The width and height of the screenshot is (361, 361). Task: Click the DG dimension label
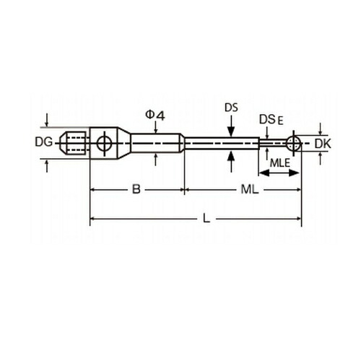point(43,142)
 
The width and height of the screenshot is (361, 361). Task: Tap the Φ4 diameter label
point(155,116)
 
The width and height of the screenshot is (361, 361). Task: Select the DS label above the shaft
point(231,108)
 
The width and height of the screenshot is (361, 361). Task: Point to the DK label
point(323,144)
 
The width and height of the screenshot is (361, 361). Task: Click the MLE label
point(280,163)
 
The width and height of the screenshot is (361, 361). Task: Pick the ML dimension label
point(250,190)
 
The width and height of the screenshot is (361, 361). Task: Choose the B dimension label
point(136,189)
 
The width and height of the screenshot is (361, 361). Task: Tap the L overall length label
point(206,219)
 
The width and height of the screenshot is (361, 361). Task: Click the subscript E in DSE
point(281,121)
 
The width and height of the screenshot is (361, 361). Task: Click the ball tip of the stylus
point(294,144)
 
